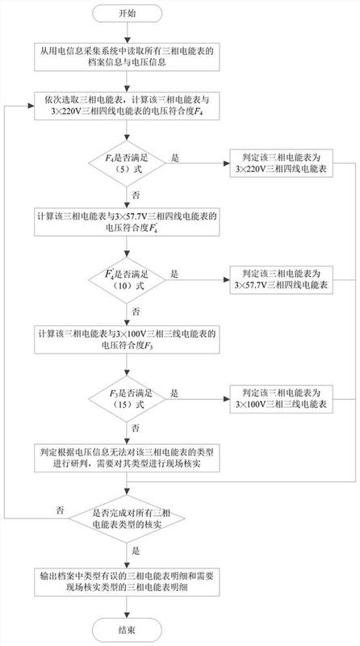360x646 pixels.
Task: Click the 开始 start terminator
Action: (x=128, y=13)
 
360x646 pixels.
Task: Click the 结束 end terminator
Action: (x=128, y=630)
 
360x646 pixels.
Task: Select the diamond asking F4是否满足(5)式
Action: (x=128, y=163)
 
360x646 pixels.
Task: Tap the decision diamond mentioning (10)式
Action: (x=128, y=280)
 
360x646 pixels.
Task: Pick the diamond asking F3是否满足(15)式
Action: (x=128, y=399)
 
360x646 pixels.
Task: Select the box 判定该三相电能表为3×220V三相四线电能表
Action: (x=282, y=163)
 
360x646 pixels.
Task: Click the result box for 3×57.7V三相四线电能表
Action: (x=282, y=280)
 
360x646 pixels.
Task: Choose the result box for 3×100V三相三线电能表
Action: (x=282, y=399)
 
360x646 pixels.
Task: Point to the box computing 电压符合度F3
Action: (x=127, y=339)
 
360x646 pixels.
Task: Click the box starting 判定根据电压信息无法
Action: (x=127, y=458)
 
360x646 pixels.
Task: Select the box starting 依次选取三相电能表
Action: (x=127, y=105)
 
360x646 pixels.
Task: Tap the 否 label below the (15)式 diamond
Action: (x=135, y=429)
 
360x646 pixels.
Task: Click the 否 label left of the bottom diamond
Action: (x=60, y=511)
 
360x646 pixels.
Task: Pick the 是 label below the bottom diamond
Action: (x=135, y=550)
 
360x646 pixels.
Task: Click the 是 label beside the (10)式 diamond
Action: (x=175, y=274)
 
